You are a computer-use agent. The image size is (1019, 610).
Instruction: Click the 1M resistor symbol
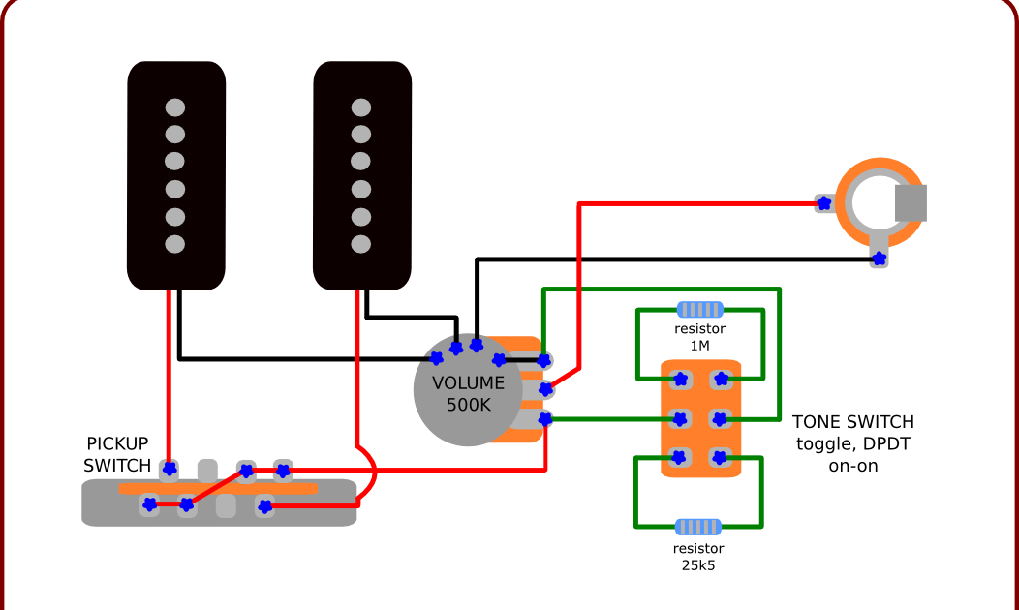(699, 310)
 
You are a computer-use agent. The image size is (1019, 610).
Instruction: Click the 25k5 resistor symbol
(697, 527)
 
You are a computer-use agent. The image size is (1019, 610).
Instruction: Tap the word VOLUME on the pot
(468, 382)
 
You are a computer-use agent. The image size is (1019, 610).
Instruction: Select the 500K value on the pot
(469, 405)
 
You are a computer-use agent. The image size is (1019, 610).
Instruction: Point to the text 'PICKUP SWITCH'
(117, 454)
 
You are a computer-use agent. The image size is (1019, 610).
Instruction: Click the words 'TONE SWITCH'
(852, 422)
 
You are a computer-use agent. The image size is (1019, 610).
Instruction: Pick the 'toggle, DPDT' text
(853, 444)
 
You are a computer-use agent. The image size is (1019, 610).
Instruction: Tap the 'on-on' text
(853, 466)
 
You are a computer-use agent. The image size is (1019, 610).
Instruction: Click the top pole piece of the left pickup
(175, 106)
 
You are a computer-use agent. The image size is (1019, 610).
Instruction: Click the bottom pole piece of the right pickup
(361, 243)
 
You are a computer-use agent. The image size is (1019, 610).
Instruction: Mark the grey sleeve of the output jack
(910, 202)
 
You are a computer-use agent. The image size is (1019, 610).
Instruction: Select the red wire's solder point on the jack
(823, 203)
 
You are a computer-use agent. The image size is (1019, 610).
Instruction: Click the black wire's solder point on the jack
(879, 259)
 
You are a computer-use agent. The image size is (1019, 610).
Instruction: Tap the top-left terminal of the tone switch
(681, 380)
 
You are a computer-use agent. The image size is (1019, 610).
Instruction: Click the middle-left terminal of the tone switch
(681, 418)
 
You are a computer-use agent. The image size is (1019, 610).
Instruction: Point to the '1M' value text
(699, 346)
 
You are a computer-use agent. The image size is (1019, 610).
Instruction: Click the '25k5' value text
(698, 564)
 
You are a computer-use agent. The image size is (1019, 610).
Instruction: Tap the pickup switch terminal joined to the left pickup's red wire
(170, 469)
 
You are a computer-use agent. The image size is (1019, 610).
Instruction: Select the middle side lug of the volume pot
(546, 389)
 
